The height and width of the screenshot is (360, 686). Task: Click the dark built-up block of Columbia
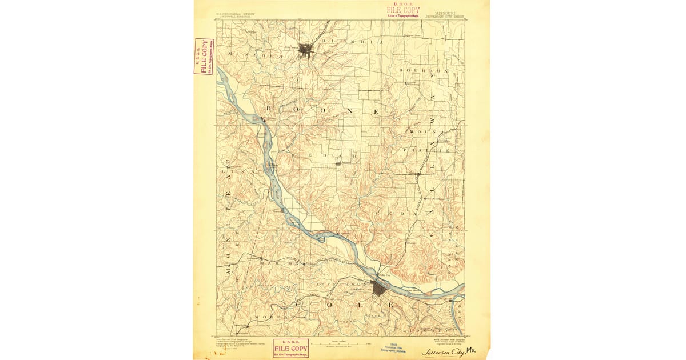pyautogui.click(x=307, y=50)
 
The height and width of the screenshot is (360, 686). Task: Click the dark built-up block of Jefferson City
pyautogui.click(x=378, y=288)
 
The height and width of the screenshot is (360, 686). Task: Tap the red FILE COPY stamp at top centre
pyautogui.click(x=403, y=10)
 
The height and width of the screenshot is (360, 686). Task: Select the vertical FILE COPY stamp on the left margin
pyautogui.click(x=204, y=56)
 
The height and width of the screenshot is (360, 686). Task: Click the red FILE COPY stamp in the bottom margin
pyautogui.click(x=290, y=347)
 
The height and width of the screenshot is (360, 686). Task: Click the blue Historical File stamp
pyautogui.click(x=393, y=349)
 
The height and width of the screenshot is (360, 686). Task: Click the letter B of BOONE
pyautogui.click(x=271, y=108)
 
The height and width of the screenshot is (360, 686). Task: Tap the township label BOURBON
pyautogui.click(x=424, y=70)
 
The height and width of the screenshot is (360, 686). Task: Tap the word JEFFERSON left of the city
pyautogui.click(x=340, y=284)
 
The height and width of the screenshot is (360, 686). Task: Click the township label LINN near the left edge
pyautogui.click(x=229, y=170)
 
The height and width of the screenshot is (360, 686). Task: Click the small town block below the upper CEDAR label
pyautogui.click(x=338, y=163)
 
